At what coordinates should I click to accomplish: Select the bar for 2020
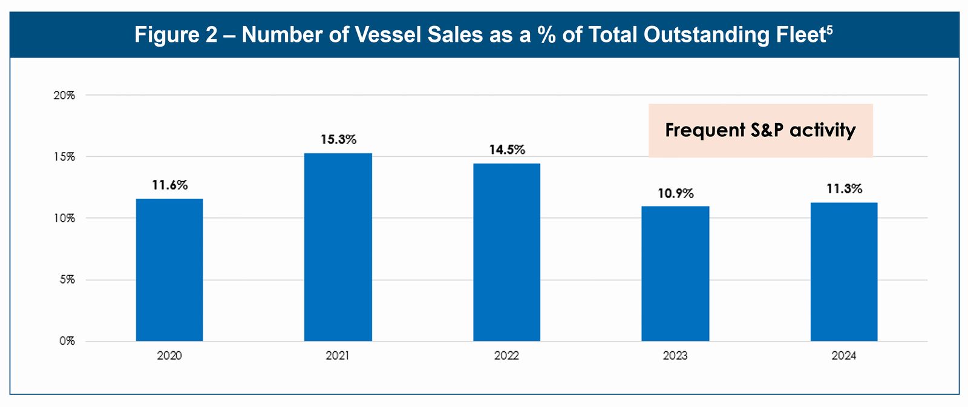point(169,270)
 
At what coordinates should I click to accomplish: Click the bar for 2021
point(338,247)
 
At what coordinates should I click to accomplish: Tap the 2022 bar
point(506,252)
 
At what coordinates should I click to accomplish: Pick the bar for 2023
point(675,274)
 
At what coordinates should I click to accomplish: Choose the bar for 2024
point(844,271)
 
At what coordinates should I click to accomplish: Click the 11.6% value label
point(169,185)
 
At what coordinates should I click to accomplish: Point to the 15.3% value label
point(338,140)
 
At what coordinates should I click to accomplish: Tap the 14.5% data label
point(507,150)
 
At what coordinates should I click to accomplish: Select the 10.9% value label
point(676,194)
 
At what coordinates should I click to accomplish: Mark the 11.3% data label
point(844,189)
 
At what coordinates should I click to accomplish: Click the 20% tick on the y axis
point(64,95)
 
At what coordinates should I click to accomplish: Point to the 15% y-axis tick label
point(64,157)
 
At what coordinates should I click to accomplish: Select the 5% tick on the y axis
point(67,280)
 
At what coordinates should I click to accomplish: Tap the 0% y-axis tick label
point(67,341)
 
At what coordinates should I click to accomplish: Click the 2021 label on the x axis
point(338,356)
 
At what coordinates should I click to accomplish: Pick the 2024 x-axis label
point(844,356)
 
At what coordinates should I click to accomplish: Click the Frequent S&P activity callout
point(760,130)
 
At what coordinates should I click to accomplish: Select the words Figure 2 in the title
point(175,35)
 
